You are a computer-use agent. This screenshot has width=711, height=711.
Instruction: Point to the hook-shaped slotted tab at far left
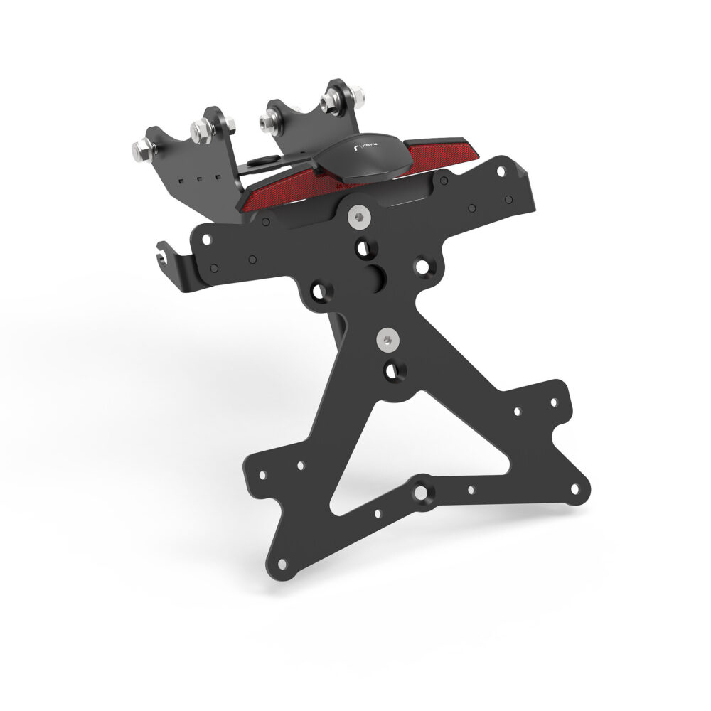pyautogui.click(x=166, y=257)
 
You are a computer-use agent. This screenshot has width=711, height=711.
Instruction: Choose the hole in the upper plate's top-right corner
pyautogui.click(x=503, y=171)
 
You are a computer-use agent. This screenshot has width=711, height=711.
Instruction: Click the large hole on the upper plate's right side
pyautogui.click(x=424, y=267)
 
